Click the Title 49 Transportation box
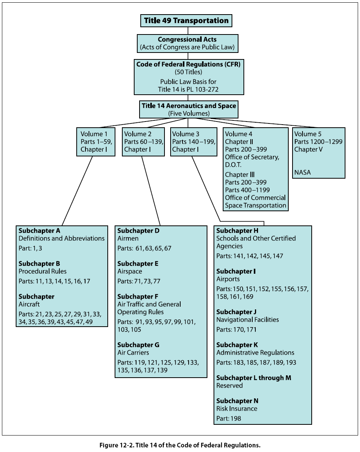point(186,21)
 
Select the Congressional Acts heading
point(187,39)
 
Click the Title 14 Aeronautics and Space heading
point(189,106)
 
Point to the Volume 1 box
point(96,141)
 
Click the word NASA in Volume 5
point(302,173)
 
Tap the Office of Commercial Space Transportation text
point(255,201)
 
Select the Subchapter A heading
point(39,231)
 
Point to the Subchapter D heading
point(138,231)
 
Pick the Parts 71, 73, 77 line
point(139,281)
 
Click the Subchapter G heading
point(138,345)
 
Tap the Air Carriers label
point(133,353)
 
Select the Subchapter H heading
point(237,231)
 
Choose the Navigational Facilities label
point(248,320)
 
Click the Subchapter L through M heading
point(254,378)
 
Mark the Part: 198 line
point(229,419)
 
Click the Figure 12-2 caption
point(180,445)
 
